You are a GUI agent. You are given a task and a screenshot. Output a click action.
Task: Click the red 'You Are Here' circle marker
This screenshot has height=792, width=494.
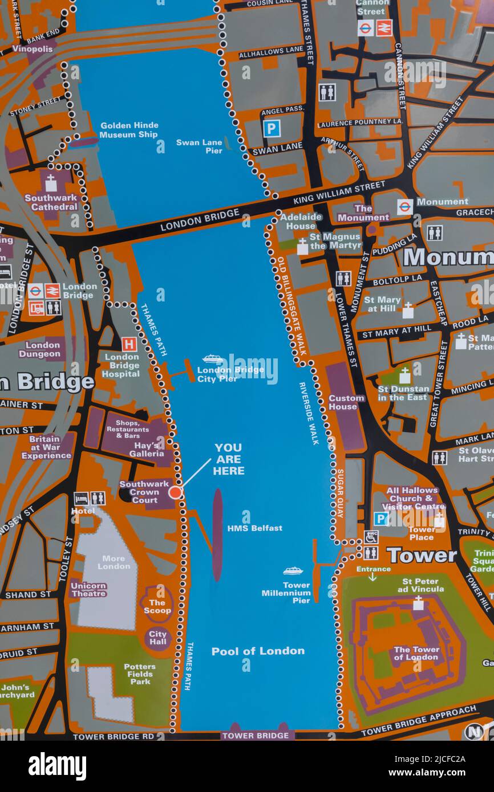pos(175,492)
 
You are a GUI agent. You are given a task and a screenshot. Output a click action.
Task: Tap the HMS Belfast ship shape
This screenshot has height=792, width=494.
pos(217,534)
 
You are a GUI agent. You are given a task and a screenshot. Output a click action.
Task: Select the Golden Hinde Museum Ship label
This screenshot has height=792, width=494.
pos(129,130)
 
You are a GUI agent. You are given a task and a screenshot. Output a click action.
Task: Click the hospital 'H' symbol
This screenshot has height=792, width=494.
pos(129,344)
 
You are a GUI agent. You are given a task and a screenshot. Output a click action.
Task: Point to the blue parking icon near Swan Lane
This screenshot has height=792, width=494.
pos(272,128)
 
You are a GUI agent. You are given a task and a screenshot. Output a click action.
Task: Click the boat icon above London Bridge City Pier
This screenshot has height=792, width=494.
pos(213,358)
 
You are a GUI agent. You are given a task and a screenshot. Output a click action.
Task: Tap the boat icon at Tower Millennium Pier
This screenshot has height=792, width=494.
pos(293,571)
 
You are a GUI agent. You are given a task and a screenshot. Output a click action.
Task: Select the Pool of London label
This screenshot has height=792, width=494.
pos(258,651)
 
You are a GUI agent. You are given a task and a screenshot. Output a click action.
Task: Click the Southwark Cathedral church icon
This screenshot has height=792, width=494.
pos(51,183)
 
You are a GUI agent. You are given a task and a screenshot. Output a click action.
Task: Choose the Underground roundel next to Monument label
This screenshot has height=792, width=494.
pos(404,206)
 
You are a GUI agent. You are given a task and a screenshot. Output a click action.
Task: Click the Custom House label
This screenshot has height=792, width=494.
pos(346,402)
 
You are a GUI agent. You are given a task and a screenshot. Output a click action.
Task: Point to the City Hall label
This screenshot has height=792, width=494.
pos(157,638)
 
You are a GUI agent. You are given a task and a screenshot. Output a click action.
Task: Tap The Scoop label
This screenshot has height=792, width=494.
pos(157,606)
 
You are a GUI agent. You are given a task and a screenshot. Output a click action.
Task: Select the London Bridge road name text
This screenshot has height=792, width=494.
pos(200,219)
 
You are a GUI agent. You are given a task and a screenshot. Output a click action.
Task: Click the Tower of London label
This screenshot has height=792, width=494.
pos(416,653)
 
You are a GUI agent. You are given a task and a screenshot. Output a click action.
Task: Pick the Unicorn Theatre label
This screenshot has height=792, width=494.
pos(89,589)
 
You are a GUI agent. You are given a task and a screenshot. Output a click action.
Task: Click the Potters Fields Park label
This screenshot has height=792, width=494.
pos(140,673)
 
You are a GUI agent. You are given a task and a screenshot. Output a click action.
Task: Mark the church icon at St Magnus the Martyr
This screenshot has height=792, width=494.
pos(302,246)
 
